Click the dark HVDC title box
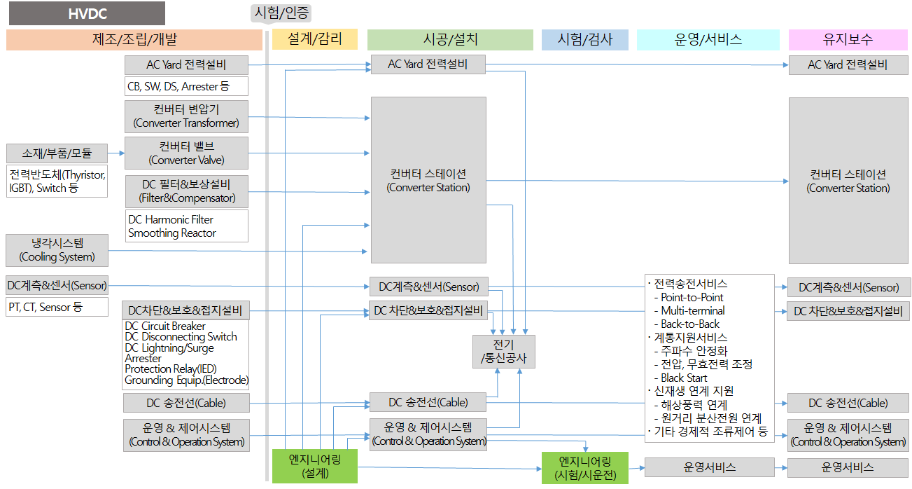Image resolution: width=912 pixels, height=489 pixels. click(x=86, y=13)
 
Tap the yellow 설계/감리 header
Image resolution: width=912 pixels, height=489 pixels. click(x=314, y=39)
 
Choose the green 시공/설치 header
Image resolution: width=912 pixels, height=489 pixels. click(x=450, y=39)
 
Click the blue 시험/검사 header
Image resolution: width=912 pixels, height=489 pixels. click(x=585, y=39)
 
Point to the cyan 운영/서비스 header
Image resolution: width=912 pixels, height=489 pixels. click(x=708, y=39)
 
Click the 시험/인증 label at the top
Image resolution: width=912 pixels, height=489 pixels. click(x=281, y=13)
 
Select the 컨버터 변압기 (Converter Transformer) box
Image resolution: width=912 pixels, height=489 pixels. click(x=186, y=116)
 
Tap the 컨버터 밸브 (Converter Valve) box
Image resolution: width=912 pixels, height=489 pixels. click(x=186, y=153)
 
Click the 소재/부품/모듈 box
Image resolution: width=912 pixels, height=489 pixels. click(x=57, y=153)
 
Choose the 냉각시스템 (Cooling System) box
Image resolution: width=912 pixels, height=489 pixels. click(x=57, y=250)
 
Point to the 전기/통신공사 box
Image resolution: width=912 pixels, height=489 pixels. click(x=504, y=352)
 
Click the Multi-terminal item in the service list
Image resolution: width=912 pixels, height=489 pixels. click(x=692, y=310)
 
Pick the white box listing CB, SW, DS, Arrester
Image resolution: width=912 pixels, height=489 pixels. click(x=186, y=87)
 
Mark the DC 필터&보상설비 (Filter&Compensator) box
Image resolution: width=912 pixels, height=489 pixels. click(x=186, y=191)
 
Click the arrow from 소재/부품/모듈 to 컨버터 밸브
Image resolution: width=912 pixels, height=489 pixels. click(x=116, y=153)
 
